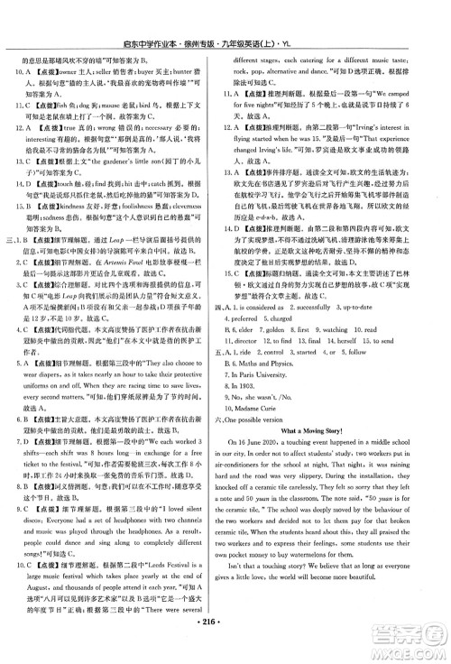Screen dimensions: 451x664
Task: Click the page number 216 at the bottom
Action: pyautogui.click(x=225, y=650)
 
